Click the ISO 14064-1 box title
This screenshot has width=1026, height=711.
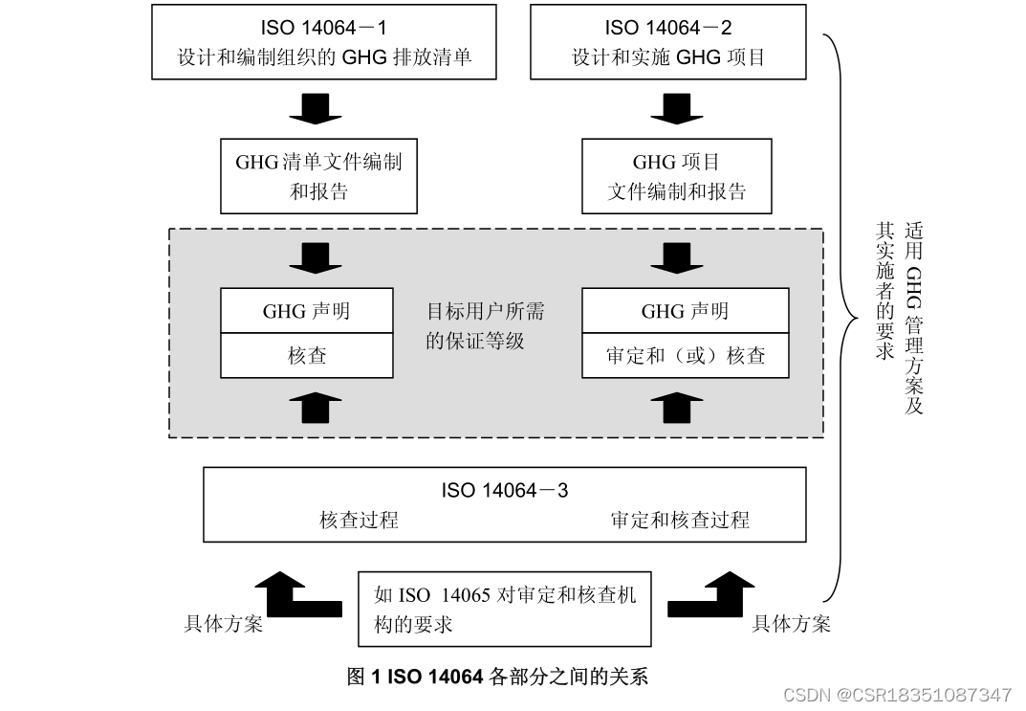click(x=323, y=29)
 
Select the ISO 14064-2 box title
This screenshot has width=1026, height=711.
click(x=668, y=29)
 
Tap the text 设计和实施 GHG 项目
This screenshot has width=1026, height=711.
click(x=668, y=57)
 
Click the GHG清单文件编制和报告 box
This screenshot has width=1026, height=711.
click(x=318, y=176)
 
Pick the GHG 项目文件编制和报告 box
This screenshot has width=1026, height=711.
click(x=676, y=176)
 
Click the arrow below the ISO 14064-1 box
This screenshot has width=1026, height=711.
click(x=316, y=108)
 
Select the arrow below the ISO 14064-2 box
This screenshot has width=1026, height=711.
click(x=677, y=108)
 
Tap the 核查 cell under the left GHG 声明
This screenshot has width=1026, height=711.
click(x=307, y=355)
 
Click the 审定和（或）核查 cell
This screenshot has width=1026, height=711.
click(x=685, y=356)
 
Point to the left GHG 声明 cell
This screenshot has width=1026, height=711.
click(x=307, y=311)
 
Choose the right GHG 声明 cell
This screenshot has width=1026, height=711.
click(x=685, y=311)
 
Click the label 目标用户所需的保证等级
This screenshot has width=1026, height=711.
click(x=485, y=325)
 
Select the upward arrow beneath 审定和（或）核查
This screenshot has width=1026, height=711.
click(x=677, y=406)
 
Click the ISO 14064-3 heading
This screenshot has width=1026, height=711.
click(x=504, y=490)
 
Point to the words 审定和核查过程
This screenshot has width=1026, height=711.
click(x=680, y=520)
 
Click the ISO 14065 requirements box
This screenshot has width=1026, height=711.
click(x=505, y=610)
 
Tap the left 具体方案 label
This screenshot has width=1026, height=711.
click(x=223, y=624)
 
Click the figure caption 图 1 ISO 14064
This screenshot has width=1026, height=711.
click(x=497, y=677)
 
